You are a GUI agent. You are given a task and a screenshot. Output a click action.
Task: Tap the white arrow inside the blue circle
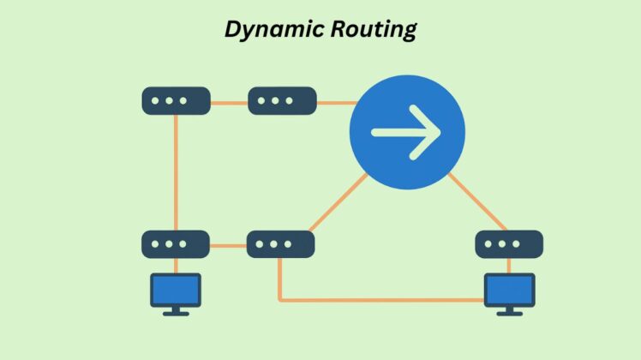(406, 132)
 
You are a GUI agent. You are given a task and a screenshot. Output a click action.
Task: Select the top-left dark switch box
(176, 101)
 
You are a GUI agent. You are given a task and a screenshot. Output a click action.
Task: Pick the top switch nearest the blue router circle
(281, 101)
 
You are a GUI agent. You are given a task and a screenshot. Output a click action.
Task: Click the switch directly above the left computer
(176, 244)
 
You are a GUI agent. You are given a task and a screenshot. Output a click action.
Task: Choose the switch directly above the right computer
(509, 244)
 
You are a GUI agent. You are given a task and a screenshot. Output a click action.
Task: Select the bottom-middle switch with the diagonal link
(281, 244)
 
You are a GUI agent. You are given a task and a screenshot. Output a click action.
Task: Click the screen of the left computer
(176, 289)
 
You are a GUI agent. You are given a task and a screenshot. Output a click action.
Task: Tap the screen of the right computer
(509, 289)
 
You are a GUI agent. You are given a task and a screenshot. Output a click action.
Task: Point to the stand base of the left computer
(176, 313)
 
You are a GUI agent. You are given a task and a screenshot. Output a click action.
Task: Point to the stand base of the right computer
(509, 313)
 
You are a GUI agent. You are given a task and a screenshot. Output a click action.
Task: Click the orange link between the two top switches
(229, 103)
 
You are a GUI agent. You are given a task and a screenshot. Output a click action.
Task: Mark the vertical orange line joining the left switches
(176, 171)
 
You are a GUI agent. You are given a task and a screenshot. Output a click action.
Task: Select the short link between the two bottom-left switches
(228, 245)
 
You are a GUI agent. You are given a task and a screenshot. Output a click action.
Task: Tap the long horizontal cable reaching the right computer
(381, 300)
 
